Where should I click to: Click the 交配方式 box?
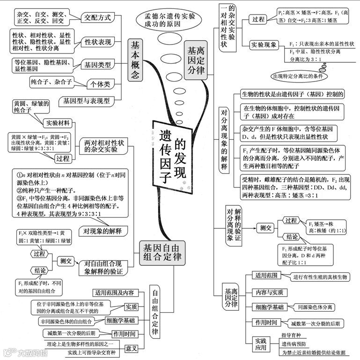(97, 18)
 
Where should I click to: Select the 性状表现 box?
(98, 42)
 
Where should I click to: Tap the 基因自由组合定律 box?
(161, 253)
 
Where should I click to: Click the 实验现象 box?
(264, 45)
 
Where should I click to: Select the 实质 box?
(131, 307)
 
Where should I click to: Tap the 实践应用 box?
(261, 344)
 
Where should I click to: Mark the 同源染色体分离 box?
(315, 307)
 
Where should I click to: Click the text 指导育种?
(291, 335)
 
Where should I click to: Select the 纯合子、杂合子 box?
(51, 82)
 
